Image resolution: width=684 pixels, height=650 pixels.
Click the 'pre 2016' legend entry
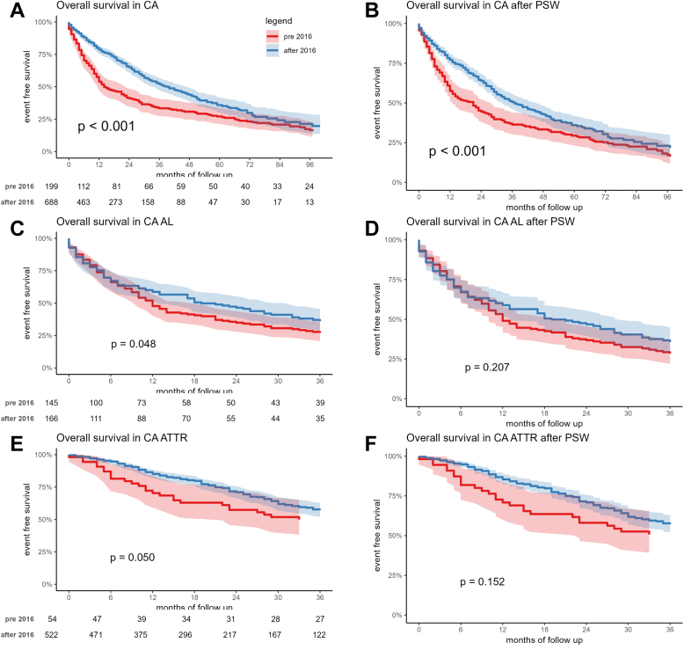(292, 36)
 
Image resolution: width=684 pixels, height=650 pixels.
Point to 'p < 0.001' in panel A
(106, 126)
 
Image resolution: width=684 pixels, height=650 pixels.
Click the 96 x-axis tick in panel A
(308, 164)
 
